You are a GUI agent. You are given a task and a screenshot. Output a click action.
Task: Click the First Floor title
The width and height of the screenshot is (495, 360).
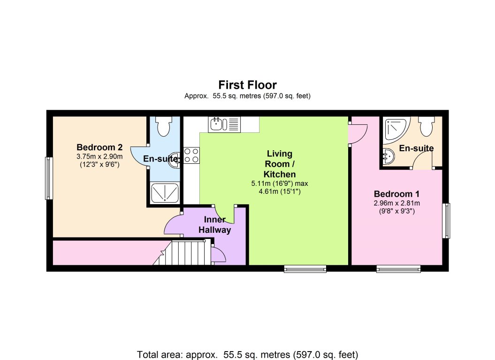coord(247,85)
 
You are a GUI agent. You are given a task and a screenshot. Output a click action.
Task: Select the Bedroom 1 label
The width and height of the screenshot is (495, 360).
coord(396,194)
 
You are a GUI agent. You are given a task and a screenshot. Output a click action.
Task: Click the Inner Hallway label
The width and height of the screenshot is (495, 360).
coord(215,225)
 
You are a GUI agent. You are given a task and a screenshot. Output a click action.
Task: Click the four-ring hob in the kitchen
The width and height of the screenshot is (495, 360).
coord(191,155)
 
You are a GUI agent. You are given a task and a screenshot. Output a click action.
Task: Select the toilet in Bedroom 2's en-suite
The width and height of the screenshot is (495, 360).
coord(163,126)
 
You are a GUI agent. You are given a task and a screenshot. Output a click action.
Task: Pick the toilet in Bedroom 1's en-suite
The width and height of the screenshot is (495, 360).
coord(426,126)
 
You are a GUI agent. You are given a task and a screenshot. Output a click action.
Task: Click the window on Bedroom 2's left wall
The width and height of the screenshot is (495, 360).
coord(48,178)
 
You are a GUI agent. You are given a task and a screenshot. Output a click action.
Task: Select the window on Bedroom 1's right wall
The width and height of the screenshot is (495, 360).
coord(447,221)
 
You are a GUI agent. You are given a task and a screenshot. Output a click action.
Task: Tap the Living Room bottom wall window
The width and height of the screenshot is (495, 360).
coord(305,269)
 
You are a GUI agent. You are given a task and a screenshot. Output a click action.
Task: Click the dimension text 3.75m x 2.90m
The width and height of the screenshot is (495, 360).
coord(99,156)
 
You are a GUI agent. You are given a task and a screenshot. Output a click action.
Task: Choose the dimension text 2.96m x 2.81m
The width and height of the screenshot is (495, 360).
coord(396,203)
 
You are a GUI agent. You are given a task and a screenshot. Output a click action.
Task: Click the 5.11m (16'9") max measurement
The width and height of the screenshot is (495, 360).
coord(280,183)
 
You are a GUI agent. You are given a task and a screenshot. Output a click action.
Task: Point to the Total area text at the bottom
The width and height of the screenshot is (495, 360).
coord(247,353)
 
